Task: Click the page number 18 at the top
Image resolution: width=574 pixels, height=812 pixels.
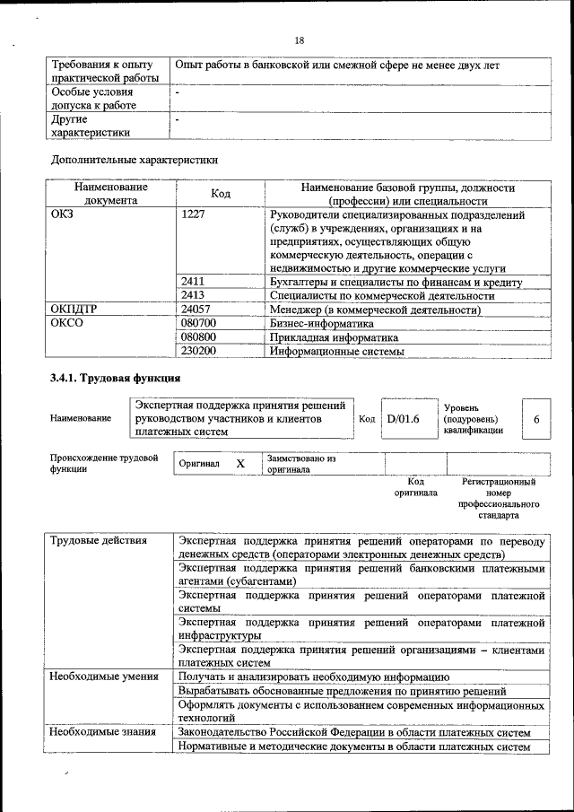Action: coord(300,40)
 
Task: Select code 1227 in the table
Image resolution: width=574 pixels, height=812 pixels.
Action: coord(194,215)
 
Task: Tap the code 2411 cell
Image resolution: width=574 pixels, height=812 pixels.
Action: coord(194,282)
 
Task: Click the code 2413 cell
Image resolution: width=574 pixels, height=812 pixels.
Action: coord(194,295)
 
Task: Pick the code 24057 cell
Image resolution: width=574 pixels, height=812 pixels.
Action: coord(196,310)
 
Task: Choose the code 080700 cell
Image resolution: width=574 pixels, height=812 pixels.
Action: coord(199,323)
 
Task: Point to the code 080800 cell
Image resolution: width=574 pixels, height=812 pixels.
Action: coord(199,337)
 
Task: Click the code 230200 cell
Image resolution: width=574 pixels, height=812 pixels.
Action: coord(199,352)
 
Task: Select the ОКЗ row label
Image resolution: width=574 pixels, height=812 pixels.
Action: coord(62,215)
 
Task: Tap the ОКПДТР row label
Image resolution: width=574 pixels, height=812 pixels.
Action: coord(73,310)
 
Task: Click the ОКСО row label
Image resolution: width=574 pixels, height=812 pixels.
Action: coord(66,323)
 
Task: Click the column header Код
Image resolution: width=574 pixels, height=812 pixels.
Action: coord(220,194)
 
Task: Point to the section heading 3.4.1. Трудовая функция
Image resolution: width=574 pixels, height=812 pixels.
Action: coord(109,379)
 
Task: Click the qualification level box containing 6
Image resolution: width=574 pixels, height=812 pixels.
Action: coord(536,419)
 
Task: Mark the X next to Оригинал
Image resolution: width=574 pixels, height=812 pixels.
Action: coord(239,464)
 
